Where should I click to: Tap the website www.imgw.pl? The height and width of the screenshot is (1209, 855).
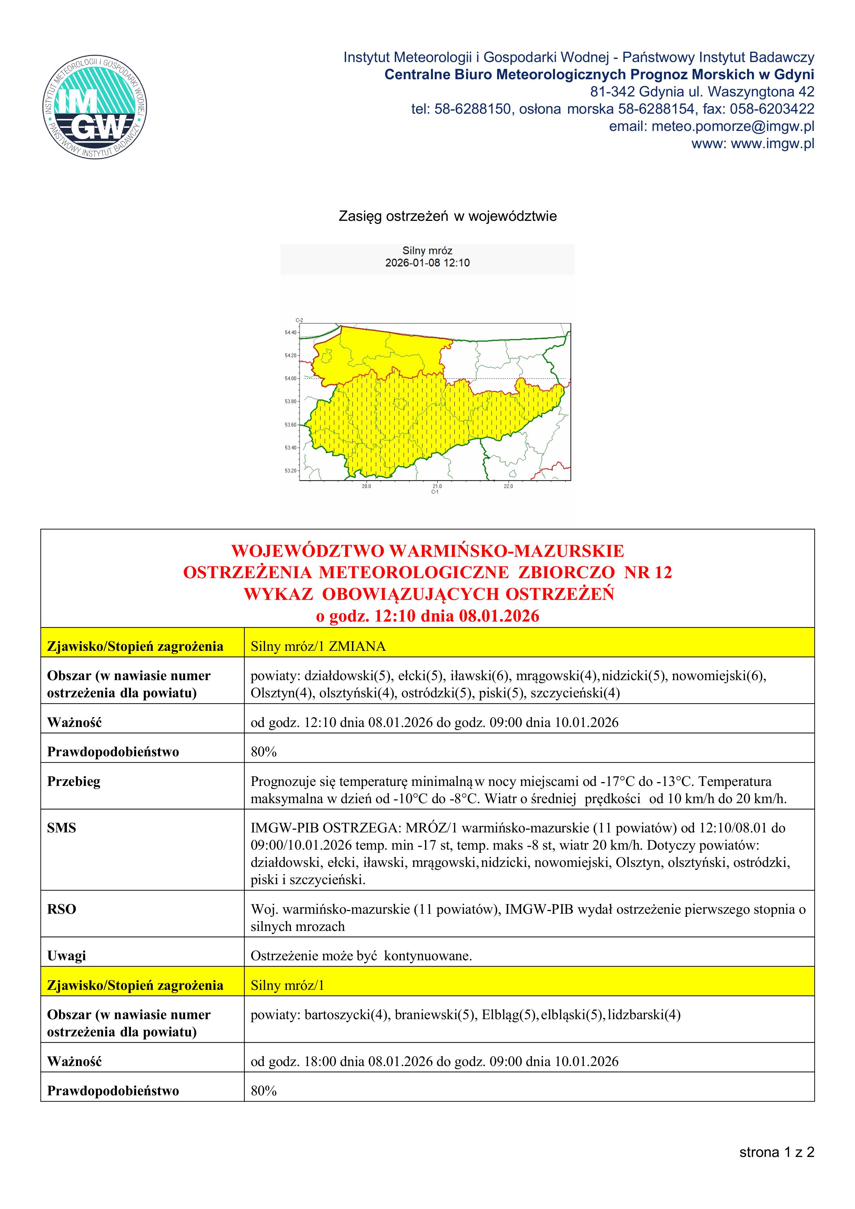tap(772, 144)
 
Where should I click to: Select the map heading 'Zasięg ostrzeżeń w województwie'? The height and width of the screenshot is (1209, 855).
tap(447, 216)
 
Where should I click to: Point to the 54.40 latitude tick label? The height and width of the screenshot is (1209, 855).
tap(290, 333)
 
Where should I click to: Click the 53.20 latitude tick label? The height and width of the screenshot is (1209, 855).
tap(290, 471)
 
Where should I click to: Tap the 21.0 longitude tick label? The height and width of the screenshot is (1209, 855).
tap(437, 486)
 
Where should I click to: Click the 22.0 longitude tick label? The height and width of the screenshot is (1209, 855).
tap(508, 486)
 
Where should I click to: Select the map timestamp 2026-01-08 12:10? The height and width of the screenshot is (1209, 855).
tap(427, 263)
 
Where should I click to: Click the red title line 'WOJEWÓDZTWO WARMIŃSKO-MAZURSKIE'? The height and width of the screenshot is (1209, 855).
tap(427, 551)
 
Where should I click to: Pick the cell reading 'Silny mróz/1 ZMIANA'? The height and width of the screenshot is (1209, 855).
tap(318, 647)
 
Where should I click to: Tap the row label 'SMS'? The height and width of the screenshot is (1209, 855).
tap(62, 828)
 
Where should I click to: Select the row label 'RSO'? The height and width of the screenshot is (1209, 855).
tap(62, 909)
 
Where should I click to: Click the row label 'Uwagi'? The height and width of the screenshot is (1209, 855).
tap(67, 956)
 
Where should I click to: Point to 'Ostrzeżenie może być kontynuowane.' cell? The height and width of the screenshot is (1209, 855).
tap(361, 956)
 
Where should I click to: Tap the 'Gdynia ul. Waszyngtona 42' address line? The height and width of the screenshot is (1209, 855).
tap(702, 92)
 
